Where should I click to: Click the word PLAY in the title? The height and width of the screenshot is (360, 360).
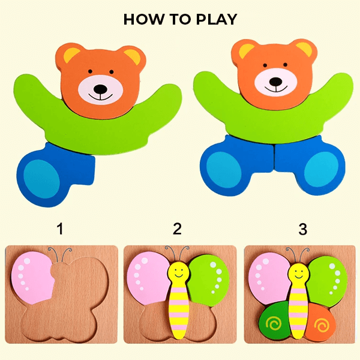(212, 19)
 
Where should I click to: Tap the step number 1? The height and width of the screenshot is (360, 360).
(59, 229)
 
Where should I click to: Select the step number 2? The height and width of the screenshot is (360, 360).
(177, 229)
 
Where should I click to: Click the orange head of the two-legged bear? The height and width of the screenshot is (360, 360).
(273, 66)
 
